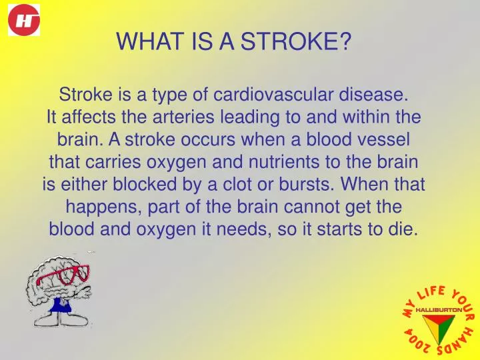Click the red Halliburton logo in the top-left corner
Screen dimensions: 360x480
pyautogui.click(x=24, y=19)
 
